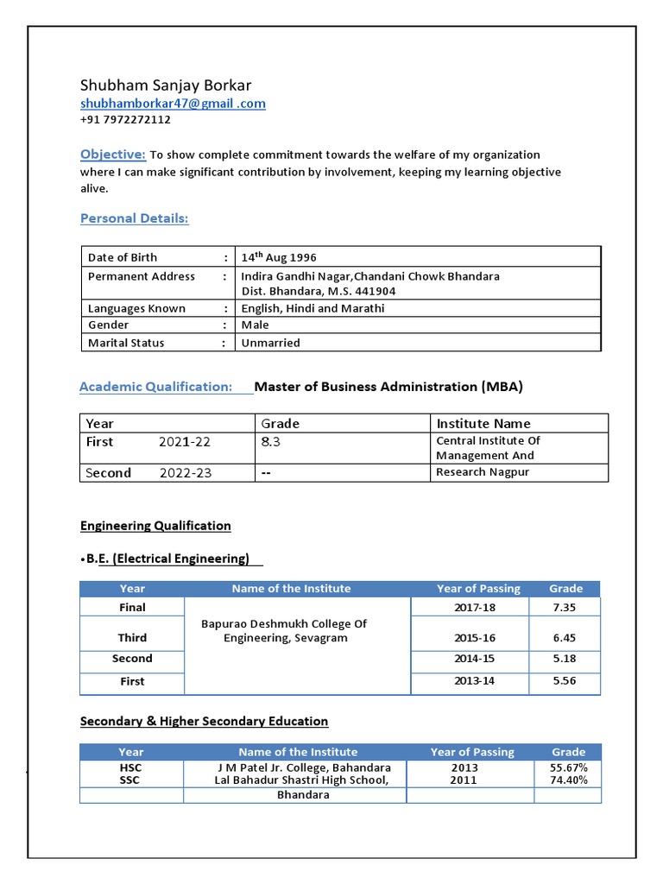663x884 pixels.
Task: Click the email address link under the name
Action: pos(173,104)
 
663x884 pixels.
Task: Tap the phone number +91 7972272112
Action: pos(125,120)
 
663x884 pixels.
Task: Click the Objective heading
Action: pos(113,155)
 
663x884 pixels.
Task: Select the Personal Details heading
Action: pos(134,218)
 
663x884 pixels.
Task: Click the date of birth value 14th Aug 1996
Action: pos(279,257)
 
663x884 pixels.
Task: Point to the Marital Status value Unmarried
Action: pos(270,343)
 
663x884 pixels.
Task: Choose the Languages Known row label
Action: pos(136,308)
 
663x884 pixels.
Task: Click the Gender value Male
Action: pos(255,325)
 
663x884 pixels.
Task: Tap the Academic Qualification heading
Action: pos(155,387)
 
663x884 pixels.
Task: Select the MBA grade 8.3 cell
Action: pos(270,441)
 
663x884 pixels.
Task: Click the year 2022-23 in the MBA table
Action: pos(185,473)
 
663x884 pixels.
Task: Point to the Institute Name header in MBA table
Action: pos(483,424)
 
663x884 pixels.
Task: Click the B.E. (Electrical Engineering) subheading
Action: pos(167,559)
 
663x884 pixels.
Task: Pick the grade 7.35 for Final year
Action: pos(564,608)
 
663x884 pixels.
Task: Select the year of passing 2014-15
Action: pos(474,659)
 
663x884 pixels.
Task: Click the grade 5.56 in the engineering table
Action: pos(564,681)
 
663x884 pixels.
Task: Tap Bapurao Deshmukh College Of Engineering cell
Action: pos(284,631)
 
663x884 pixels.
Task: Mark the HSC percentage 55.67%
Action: pos(568,767)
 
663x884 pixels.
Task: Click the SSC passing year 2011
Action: pos(463,780)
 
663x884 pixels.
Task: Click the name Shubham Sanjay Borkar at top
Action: pos(166,85)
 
